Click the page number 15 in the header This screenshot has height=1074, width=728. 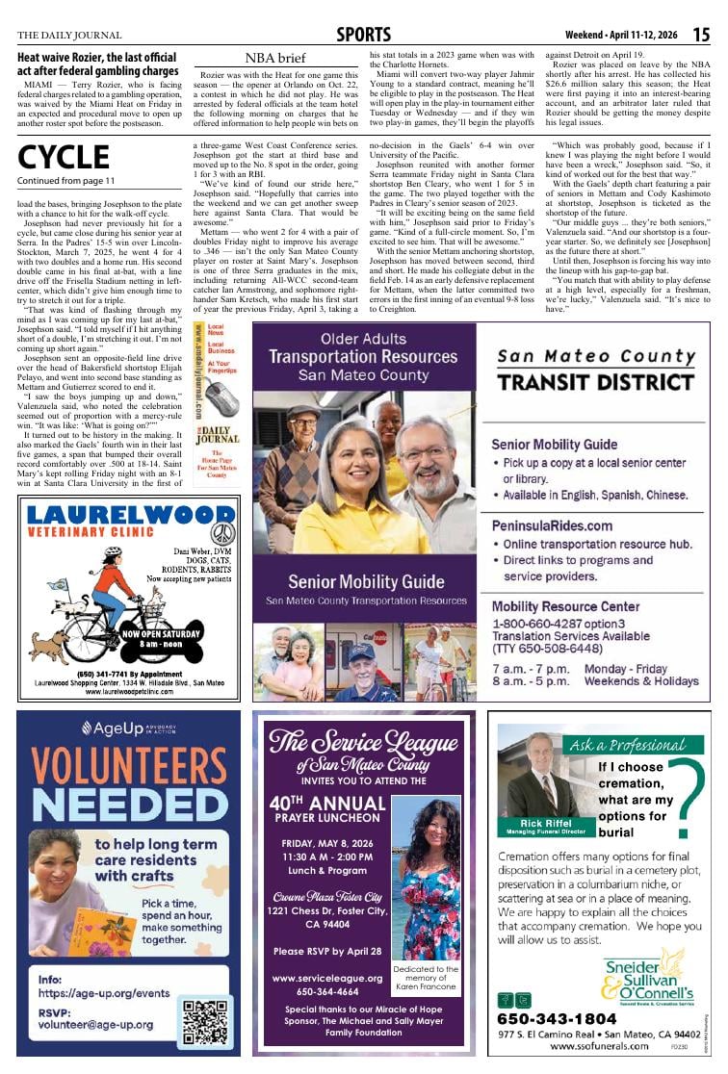[701, 35]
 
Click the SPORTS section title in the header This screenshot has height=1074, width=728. [364, 35]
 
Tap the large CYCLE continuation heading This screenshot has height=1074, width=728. [64, 156]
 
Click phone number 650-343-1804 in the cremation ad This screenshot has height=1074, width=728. [558, 1018]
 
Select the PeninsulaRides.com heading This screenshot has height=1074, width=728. [552, 526]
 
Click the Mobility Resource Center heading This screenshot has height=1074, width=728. [565, 606]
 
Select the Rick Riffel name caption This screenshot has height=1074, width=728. [545, 824]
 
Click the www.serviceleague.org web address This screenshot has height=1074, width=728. [327, 978]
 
